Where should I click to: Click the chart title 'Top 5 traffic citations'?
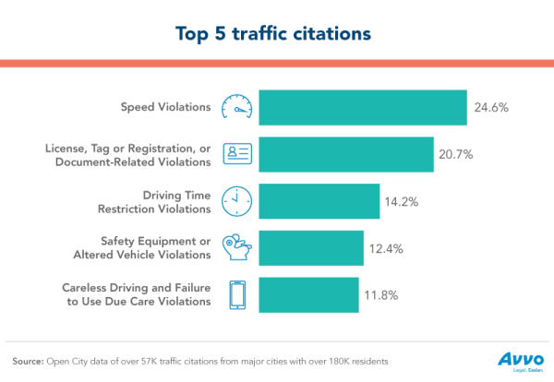coord(276,32)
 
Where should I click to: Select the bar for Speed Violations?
coord(362,107)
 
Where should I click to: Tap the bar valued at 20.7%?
coord(345,154)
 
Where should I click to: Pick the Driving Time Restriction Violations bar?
coord(319,201)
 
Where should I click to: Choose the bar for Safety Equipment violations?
coord(311,247)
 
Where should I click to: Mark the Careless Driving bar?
coord(308,294)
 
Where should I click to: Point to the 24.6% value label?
coord(492,107)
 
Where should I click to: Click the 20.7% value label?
coord(459,154)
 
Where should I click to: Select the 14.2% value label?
coord(405,201)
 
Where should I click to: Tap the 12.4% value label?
coord(389,247)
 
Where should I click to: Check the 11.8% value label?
coord(383,294)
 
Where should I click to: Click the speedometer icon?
coord(237,107)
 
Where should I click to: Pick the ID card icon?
coord(237,154)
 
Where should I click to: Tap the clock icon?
coord(237,201)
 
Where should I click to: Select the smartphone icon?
coord(237,294)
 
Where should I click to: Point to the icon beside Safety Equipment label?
coord(237,247)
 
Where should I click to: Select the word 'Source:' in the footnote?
coord(30,359)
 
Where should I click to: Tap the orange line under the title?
coord(276,63)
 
